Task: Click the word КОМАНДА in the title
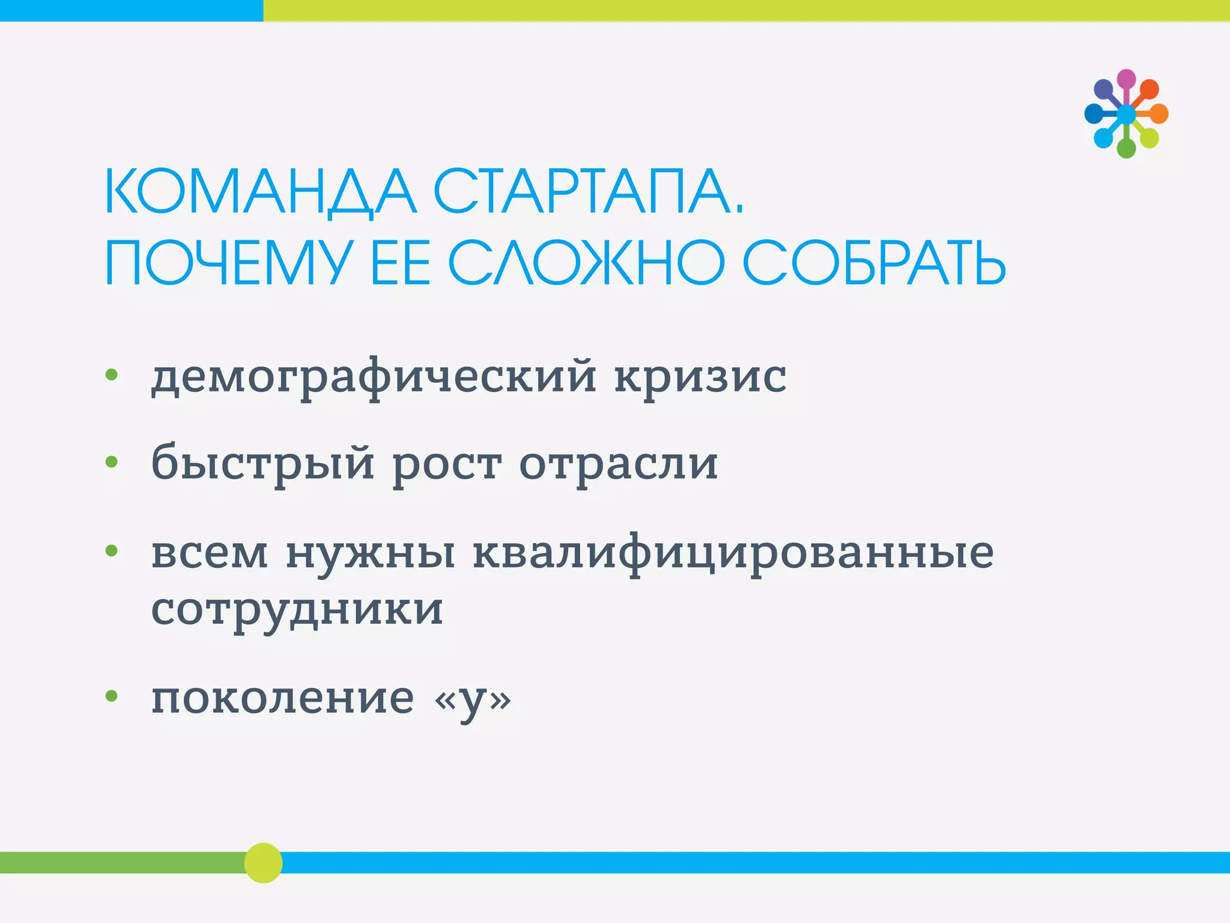click(259, 192)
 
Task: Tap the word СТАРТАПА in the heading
click(587, 192)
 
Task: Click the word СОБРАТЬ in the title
click(874, 264)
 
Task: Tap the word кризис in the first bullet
click(700, 377)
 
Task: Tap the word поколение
click(282, 698)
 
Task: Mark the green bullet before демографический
click(112, 375)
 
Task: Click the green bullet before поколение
click(112, 696)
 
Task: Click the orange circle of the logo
click(1159, 114)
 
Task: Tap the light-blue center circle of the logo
click(1126, 114)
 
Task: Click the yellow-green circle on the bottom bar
click(263, 862)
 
